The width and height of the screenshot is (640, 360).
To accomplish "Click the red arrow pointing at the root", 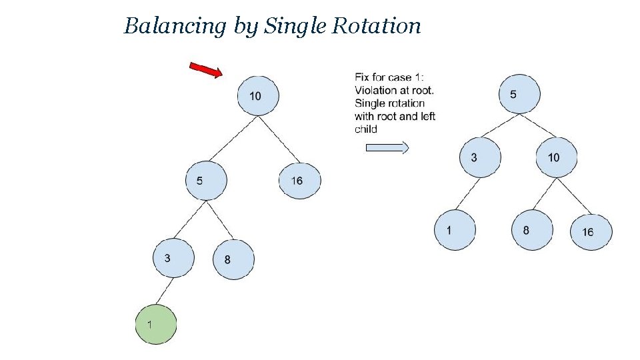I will tap(206, 69).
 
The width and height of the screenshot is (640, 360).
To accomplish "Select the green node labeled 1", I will tap(156, 324).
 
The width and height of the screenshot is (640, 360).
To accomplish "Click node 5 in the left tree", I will tap(206, 180).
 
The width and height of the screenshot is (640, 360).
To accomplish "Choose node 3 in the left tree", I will tap(173, 257).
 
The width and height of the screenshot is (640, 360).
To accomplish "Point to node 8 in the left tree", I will tap(233, 259).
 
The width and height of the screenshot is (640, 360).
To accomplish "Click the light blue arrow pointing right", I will tap(387, 148).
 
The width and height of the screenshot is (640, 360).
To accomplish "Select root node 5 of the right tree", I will tap(519, 94).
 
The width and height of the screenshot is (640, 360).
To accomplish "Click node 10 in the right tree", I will tap(556, 157).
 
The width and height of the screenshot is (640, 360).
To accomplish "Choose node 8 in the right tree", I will tap(532, 230).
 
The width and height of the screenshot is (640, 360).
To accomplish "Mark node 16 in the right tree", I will tap(591, 231).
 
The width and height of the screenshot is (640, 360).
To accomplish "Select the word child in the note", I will tap(366, 129).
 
